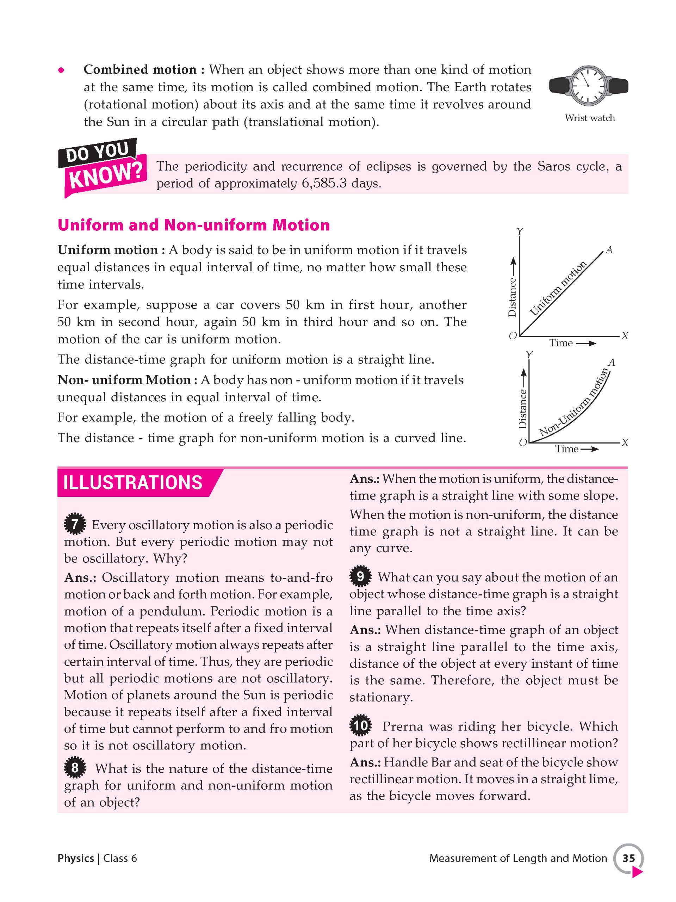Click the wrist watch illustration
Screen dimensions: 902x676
click(588, 86)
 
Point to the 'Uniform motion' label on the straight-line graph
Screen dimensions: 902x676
click(558, 289)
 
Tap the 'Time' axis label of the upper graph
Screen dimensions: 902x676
click(561, 343)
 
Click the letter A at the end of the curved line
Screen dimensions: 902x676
click(611, 363)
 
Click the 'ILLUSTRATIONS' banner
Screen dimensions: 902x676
click(133, 483)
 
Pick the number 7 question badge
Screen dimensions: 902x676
click(75, 524)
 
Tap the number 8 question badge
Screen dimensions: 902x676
click(75, 768)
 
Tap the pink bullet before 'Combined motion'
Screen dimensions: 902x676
click(61, 70)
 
